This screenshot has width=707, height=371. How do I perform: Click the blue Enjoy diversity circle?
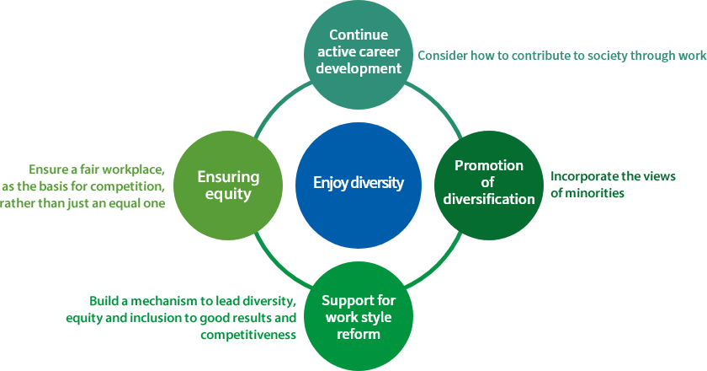[x=359, y=185]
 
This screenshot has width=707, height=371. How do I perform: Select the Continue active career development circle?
[x=359, y=55]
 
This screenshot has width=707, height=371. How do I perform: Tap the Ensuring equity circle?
[x=228, y=185]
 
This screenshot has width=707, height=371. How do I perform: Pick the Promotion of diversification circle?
[x=489, y=185]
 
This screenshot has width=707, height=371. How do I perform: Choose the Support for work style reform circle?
[x=359, y=316]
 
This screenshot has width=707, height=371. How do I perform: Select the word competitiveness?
[x=248, y=335]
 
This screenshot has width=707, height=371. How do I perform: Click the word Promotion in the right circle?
[x=489, y=165]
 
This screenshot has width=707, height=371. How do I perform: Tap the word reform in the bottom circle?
[x=359, y=335]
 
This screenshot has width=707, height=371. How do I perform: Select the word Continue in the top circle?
[x=359, y=35]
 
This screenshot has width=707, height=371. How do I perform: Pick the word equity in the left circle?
[x=228, y=194]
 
